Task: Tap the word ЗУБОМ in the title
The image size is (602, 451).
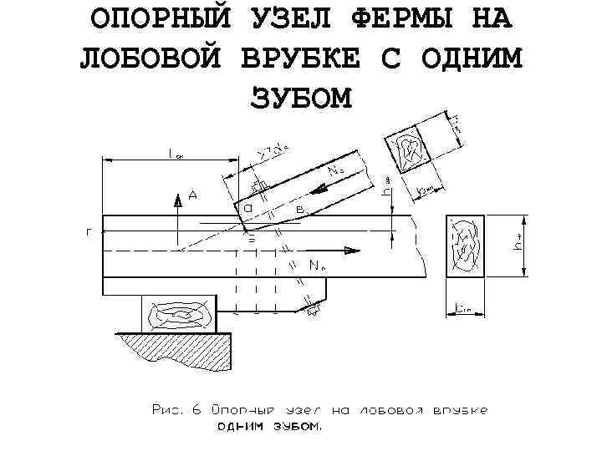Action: (x=302, y=98)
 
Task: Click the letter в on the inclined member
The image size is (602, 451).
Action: (x=299, y=206)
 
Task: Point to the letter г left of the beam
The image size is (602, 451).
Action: (x=89, y=234)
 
